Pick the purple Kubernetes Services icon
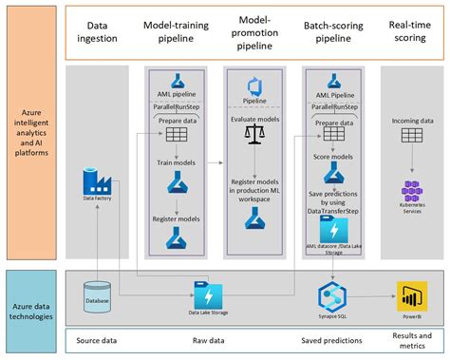pyautogui.click(x=411, y=191)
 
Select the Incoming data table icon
pyautogui.click(x=411, y=137)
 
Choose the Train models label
pyautogui.click(x=176, y=164)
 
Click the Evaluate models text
pyautogui.click(x=253, y=121)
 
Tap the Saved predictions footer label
pyautogui.click(x=332, y=337)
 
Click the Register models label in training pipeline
pyautogui.click(x=176, y=218)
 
